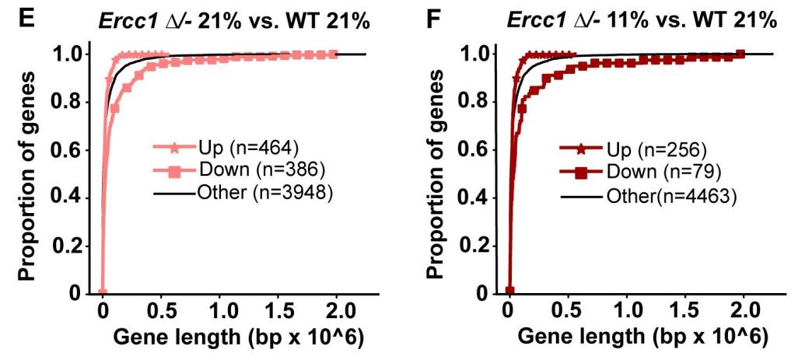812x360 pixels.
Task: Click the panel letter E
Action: (x=26, y=17)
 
